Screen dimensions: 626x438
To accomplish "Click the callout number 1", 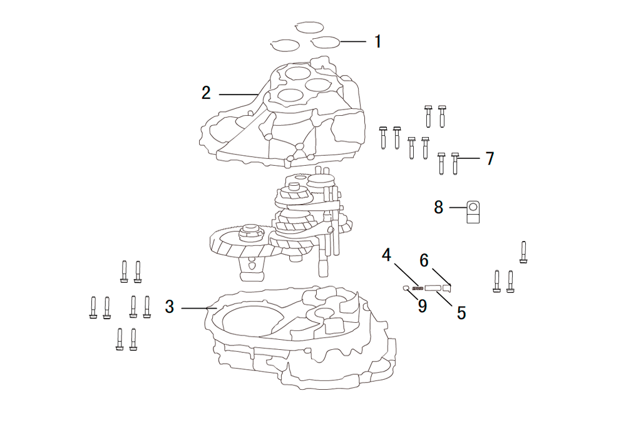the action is click(x=377, y=41).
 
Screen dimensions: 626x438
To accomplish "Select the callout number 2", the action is click(x=206, y=93).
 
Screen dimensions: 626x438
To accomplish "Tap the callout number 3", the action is click(x=170, y=307).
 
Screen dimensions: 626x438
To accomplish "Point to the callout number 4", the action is click(x=386, y=255).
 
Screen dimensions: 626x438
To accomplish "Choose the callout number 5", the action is click(x=461, y=313).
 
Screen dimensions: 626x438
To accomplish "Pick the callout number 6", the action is click(x=424, y=260).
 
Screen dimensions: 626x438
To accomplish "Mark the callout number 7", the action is click(x=490, y=158).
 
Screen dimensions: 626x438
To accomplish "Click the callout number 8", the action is click(x=439, y=208).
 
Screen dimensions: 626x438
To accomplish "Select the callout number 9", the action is click(x=423, y=306).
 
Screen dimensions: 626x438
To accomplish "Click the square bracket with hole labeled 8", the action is click(x=473, y=212).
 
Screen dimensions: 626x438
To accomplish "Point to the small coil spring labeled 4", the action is click(x=418, y=288).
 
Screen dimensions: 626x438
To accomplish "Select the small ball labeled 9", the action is click(x=406, y=288).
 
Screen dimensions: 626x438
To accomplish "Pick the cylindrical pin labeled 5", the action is click(x=433, y=288).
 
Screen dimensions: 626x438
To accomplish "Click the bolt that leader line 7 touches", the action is click(x=455, y=163).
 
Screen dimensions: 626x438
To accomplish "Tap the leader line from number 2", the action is click(x=239, y=94).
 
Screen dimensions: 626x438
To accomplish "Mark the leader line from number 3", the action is click(x=199, y=308).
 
